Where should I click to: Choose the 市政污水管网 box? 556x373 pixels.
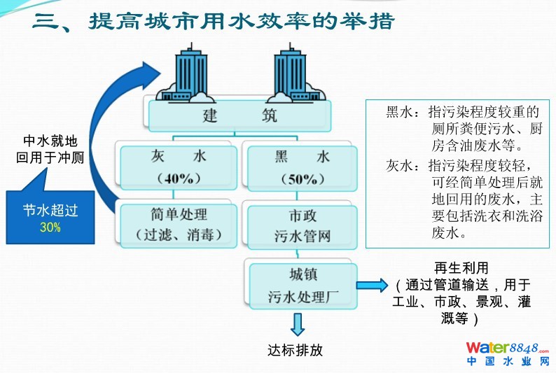(x=302, y=225)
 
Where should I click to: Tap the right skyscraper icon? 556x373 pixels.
(x=291, y=70)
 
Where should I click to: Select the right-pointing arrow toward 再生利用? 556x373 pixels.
(x=371, y=285)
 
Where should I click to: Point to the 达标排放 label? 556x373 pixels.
(x=297, y=350)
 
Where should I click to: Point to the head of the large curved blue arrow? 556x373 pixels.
(x=150, y=73)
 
